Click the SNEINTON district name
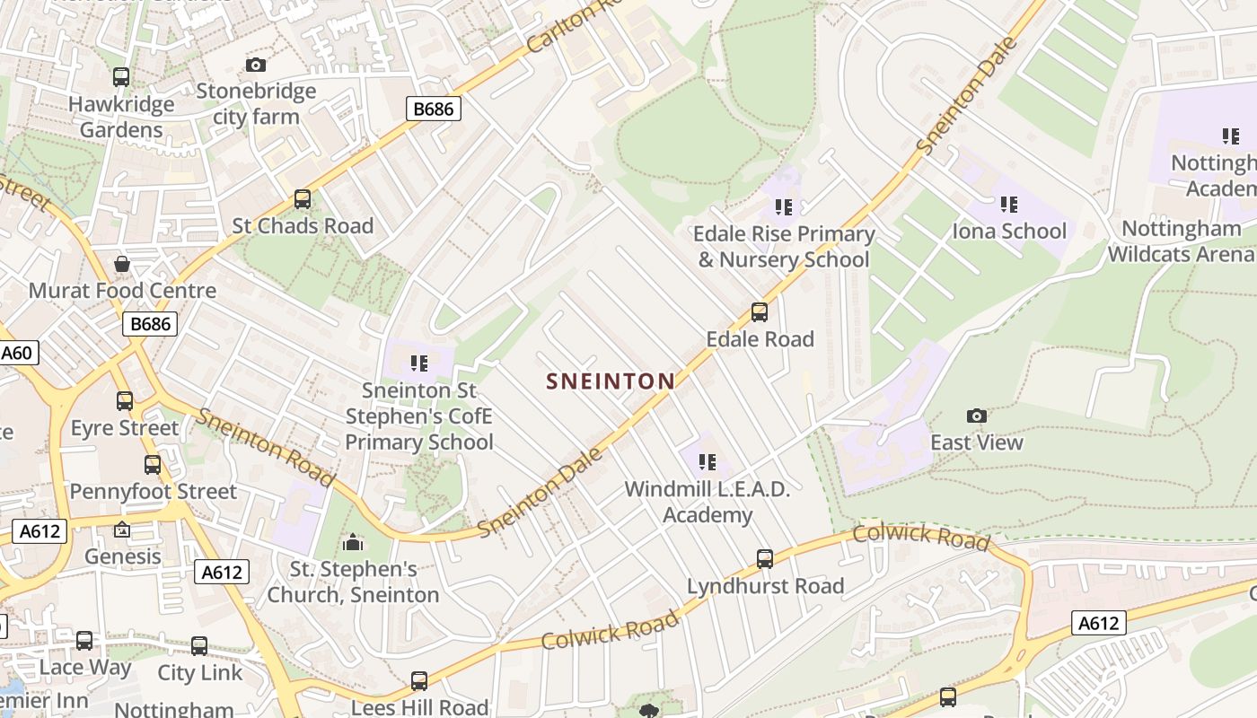click(611, 381)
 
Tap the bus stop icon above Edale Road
click(760, 312)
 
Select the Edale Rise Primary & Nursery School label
click(784, 247)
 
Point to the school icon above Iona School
click(1009, 205)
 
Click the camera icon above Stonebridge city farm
click(256, 65)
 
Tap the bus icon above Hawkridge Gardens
click(121, 77)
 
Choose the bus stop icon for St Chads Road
click(303, 199)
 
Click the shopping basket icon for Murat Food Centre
click(122, 264)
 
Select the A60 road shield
click(17, 353)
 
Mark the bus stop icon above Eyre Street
click(125, 401)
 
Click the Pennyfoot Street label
click(153, 492)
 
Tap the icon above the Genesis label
click(122, 530)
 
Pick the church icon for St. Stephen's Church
click(353, 543)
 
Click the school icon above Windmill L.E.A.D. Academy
click(708, 462)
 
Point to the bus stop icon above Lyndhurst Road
click(765, 559)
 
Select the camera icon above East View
click(977, 416)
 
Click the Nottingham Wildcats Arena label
click(1181, 241)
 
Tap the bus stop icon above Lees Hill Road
click(419, 681)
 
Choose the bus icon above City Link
click(199, 646)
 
